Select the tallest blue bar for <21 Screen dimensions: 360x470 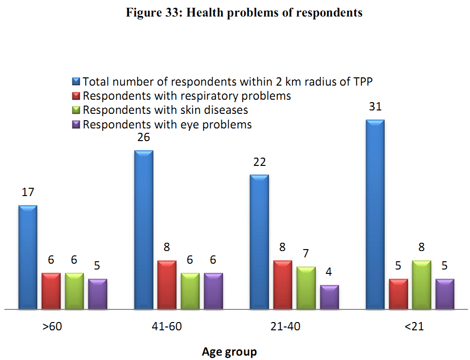click(x=375, y=214)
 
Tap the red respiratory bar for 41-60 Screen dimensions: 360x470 click(x=167, y=285)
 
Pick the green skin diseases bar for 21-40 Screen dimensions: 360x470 click(x=306, y=288)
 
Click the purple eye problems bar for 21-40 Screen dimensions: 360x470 click(x=329, y=297)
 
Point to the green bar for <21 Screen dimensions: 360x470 click(x=421, y=285)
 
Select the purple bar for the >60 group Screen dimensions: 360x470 click(x=97, y=294)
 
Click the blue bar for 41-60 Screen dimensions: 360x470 click(x=144, y=229)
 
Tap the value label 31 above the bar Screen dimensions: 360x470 click(x=375, y=107)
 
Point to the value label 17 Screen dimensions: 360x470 click(x=28, y=192)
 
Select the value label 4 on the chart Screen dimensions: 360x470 click(x=329, y=272)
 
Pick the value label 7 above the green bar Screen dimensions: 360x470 click(x=306, y=253)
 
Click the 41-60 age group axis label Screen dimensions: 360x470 click(x=167, y=326)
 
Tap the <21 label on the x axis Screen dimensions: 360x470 click(x=414, y=326)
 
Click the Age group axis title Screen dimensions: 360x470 click(x=229, y=351)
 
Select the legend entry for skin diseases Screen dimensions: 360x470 click(x=165, y=110)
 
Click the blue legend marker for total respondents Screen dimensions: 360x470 click(x=76, y=81)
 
